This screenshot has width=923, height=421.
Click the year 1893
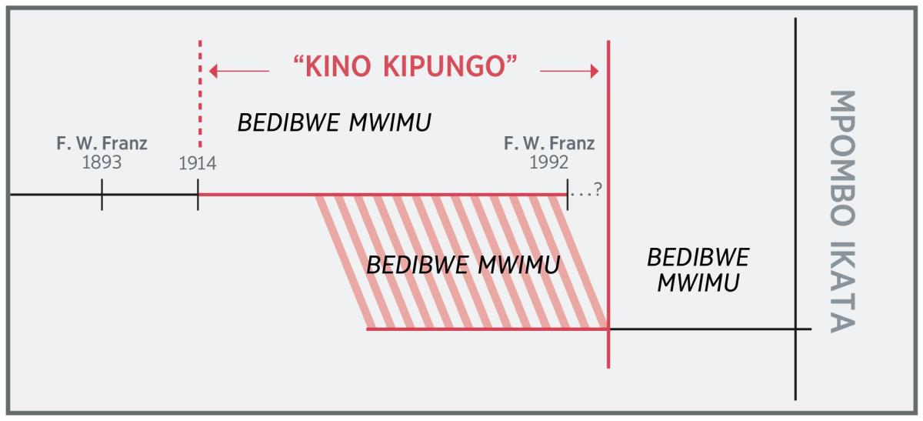coord(102,163)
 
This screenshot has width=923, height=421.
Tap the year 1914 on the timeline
coord(198,163)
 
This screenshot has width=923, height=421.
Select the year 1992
coord(549,163)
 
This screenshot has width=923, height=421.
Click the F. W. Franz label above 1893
coord(102,144)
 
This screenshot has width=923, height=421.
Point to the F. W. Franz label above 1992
coord(549,144)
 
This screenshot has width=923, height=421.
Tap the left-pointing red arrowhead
coord(215,72)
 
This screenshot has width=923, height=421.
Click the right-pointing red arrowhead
coord(593,72)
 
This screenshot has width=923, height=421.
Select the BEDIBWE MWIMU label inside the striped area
coord(463,265)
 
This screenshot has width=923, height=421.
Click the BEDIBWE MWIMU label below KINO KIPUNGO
coord(334,122)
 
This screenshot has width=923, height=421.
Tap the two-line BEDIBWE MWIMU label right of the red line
coord(698,269)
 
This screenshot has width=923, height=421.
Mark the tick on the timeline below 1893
coord(102,195)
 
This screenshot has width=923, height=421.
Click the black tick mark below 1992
coord(567,195)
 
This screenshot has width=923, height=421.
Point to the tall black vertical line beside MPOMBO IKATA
coord(795,208)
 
